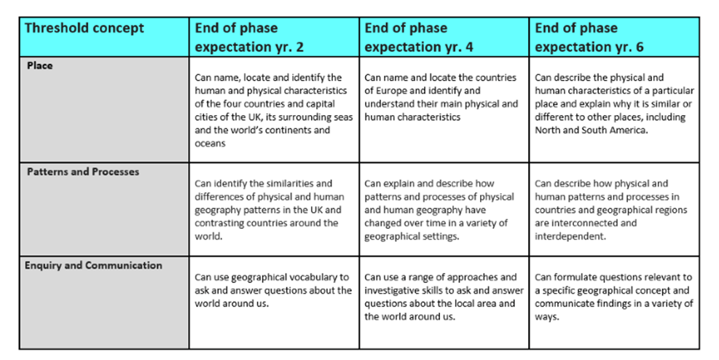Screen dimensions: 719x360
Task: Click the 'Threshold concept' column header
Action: (x=85, y=28)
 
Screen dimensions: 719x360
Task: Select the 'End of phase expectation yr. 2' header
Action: (x=249, y=38)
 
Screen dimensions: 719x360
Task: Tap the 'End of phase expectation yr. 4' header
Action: (x=419, y=38)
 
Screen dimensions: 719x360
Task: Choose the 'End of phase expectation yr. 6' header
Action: (x=589, y=38)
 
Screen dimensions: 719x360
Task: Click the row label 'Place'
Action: (x=40, y=66)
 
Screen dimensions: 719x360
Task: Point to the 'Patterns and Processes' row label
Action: (x=83, y=172)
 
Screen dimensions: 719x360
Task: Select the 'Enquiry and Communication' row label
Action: (x=93, y=265)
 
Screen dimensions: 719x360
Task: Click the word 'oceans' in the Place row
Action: (x=210, y=144)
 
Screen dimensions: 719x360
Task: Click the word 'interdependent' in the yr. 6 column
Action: (x=570, y=237)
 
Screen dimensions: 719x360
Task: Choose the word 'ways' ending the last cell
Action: (x=546, y=317)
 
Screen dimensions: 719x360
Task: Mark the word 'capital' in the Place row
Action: (x=321, y=103)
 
